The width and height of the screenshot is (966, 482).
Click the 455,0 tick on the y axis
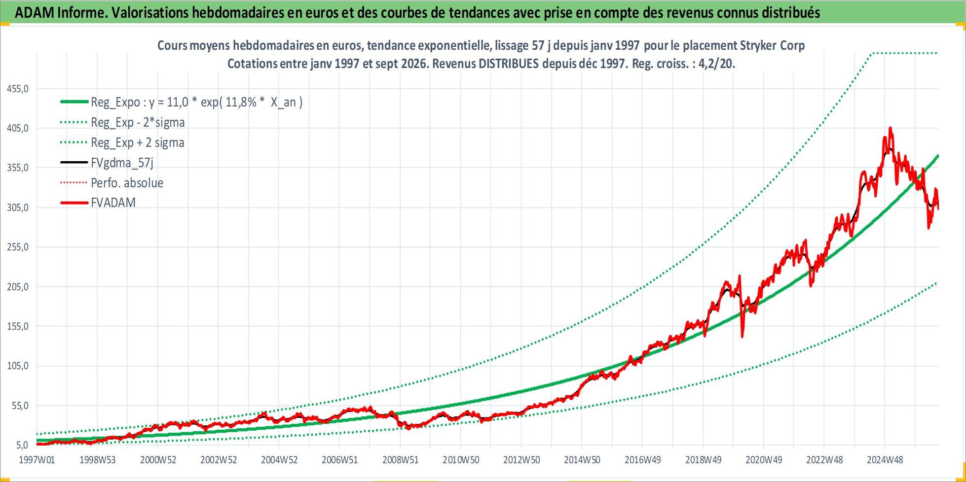coord(18,89)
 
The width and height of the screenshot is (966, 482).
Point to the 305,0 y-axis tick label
coord(18,207)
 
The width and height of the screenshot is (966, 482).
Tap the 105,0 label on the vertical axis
coord(18,366)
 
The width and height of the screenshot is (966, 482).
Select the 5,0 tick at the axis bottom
coord(22,445)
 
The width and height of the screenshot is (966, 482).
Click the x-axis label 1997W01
coord(37,460)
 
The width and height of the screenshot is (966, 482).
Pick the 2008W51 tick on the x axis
coord(400,460)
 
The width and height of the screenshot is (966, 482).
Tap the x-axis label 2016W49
coord(642,460)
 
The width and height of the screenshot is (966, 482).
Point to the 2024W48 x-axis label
coord(885,460)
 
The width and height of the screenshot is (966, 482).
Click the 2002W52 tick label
coord(219,460)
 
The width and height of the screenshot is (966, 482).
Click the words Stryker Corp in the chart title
coord(772,45)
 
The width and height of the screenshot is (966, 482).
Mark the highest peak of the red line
coord(890,128)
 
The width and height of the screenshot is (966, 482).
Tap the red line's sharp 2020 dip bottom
coord(743,337)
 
